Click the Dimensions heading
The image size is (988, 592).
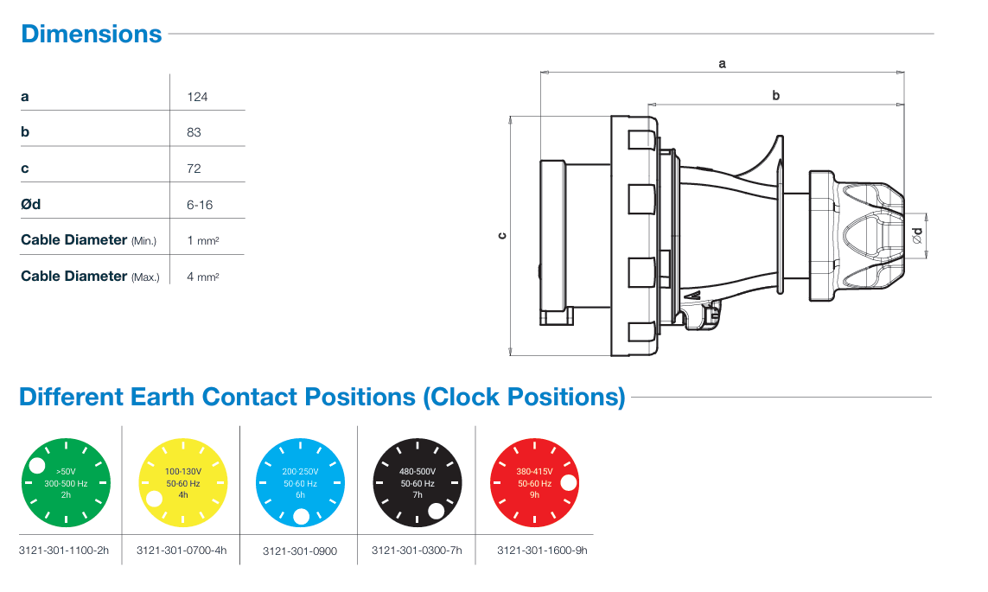click(x=91, y=34)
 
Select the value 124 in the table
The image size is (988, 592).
click(x=197, y=96)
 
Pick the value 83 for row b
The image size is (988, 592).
click(x=194, y=132)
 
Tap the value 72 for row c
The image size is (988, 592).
click(x=194, y=169)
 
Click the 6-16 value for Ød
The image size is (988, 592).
click(x=200, y=205)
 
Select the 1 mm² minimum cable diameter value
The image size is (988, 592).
click(x=202, y=240)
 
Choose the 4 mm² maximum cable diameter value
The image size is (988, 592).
click(x=202, y=277)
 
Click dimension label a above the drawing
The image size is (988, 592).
click(x=722, y=63)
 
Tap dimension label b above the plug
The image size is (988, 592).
click(x=776, y=96)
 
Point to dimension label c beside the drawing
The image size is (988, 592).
click(x=502, y=236)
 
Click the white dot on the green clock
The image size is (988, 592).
click(x=37, y=467)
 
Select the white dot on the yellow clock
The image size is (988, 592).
click(x=154, y=499)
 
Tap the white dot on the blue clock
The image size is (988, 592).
click(x=301, y=517)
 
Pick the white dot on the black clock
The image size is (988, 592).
click(x=437, y=510)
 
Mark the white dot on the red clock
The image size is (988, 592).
click(x=568, y=482)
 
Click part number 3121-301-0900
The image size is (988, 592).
click(x=299, y=551)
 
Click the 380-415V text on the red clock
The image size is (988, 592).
click(x=534, y=472)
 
